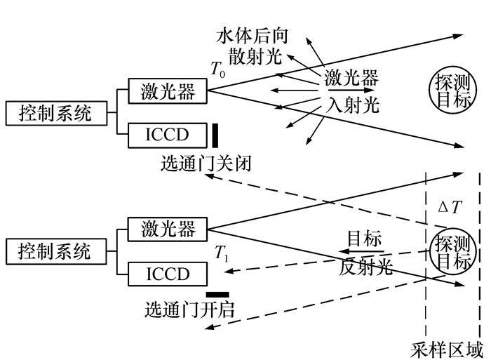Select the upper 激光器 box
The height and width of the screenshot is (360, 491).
(x=168, y=91)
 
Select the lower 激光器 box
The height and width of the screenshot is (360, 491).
(x=168, y=229)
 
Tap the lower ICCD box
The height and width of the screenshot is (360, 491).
(x=168, y=274)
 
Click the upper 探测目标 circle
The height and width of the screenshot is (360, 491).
(x=448, y=92)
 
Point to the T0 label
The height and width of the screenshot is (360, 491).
(x=220, y=68)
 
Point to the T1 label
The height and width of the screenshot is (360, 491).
(x=221, y=255)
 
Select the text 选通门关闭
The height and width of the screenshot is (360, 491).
(x=205, y=164)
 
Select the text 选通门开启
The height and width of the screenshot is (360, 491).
(x=189, y=309)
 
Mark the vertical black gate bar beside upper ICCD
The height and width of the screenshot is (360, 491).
(x=215, y=135)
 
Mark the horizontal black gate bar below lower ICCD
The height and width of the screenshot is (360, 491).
(x=217, y=294)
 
